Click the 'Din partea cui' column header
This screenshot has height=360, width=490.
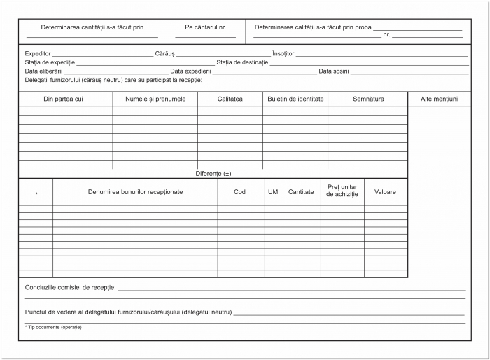tap(64, 99)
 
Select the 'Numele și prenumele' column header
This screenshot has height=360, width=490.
tap(155, 99)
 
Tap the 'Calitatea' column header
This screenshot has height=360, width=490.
tap(230, 99)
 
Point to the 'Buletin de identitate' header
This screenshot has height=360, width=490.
tap(295, 99)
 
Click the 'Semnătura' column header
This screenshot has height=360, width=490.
tap(367, 99)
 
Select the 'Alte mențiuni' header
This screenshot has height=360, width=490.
tap(439, 99)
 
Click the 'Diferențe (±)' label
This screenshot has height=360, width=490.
tap(213, 173)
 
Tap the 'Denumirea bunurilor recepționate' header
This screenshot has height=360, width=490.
tap(135, 191)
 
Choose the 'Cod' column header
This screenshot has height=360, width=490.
tap(240, 191)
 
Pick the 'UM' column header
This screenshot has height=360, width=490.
tap(273, 191)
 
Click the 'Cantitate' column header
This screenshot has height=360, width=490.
tap(301, 191)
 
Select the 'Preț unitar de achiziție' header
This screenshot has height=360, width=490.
tap(342, 191)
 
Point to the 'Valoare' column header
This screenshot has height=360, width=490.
tap(385, 191)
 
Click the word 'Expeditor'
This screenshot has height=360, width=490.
tap(38, 53)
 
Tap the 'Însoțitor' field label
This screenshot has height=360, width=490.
tap(283, 53)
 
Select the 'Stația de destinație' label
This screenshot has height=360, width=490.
tap(242, 62)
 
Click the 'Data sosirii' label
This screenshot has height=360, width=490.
tap(334, 71)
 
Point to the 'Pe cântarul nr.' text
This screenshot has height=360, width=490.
tap(206, 27)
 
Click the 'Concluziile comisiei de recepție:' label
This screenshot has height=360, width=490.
tap(71, 288)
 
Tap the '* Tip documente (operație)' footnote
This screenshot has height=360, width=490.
tap(53, 328)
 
